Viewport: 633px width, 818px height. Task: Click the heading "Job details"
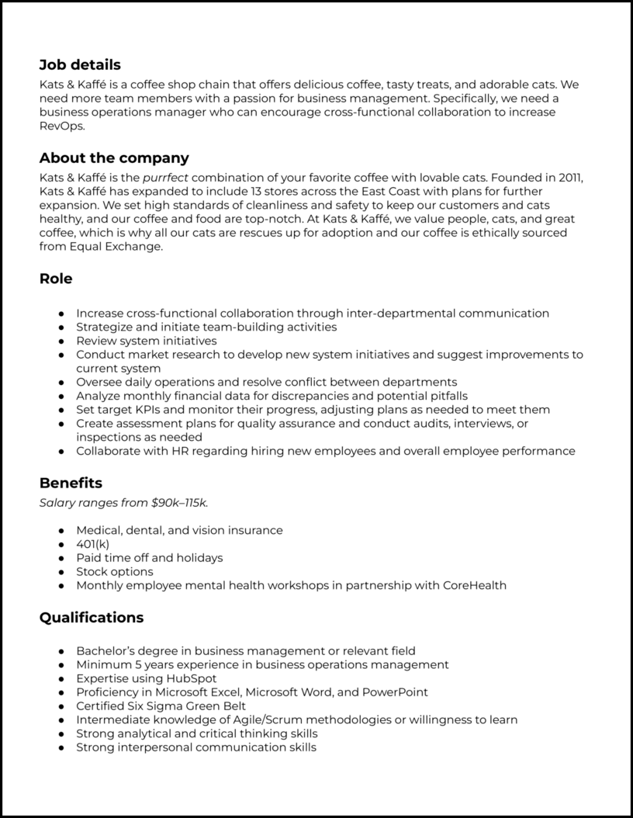[80, 65]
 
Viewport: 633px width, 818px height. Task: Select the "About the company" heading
[114, 158]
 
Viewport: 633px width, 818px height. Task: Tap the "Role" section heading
[56, 279]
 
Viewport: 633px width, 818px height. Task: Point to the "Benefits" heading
[71, 484]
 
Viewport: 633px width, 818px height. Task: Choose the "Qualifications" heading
[92, 618]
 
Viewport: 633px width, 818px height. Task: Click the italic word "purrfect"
[168, 178]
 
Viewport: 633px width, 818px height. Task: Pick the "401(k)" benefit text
[93, 544]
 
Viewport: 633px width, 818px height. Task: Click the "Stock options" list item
[115, 571]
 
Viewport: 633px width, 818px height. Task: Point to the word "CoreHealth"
[474, 585]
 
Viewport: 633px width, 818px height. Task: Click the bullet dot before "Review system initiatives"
[61, 341]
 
